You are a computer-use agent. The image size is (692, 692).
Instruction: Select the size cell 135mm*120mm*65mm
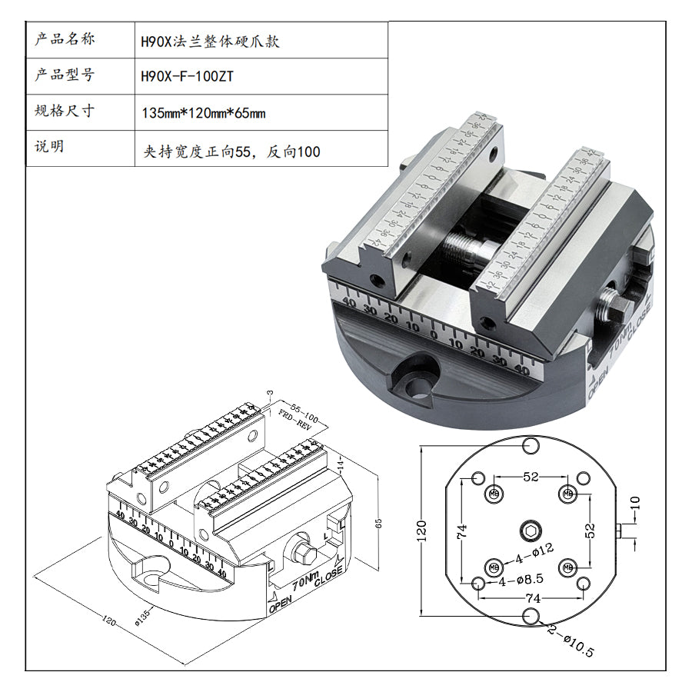[x=204, y=113]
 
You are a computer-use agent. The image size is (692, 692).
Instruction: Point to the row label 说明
[x=49, y=148]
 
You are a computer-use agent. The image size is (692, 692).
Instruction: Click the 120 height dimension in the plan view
[x=421, y=528]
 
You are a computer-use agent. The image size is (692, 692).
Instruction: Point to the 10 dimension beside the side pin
[x=635, y=504]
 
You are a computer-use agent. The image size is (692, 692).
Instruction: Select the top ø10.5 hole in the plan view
[x=530, y=445]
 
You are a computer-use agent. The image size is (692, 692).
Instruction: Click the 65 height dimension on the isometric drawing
[x=378, y=523]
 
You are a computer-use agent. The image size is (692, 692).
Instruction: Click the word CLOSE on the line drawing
[x=328, y=575]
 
